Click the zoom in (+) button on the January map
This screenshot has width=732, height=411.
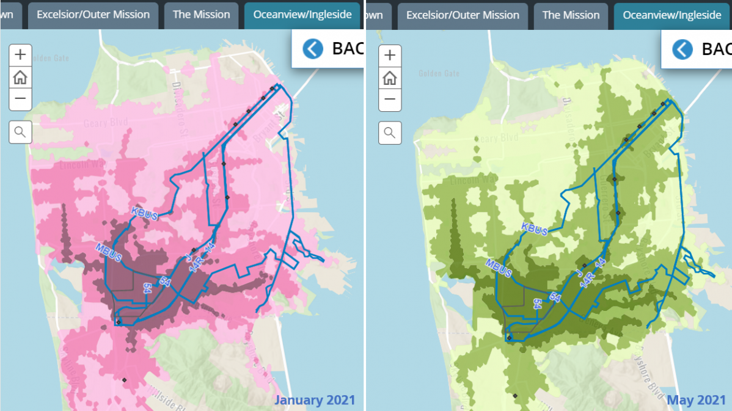click(x=20, y=55)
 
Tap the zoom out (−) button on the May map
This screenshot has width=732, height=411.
click(x=390, y=99)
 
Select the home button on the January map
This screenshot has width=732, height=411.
click(x=20, y=77)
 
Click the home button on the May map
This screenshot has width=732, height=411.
click(x=390, y=78)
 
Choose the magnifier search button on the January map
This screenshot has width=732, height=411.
click(x=20, y=131)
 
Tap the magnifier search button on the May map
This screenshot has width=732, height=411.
click(x=390, y=132)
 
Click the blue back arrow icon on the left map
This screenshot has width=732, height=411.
click(x=313, y=48)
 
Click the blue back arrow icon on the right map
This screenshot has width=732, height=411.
click(x=683, y=49)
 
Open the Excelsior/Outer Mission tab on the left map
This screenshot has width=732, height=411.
click(x=93, y=15)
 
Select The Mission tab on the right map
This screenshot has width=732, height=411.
click(x=571, y=15)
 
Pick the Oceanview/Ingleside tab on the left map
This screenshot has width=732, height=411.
click(x=302, y=15)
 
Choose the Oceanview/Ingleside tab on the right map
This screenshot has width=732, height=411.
click(x=672, y=15)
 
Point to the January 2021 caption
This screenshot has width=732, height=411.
click(x=314, y=400)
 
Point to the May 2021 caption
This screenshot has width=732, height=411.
click(x=696, y=400)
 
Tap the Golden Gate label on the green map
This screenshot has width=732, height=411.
click(x=439, y=73)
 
